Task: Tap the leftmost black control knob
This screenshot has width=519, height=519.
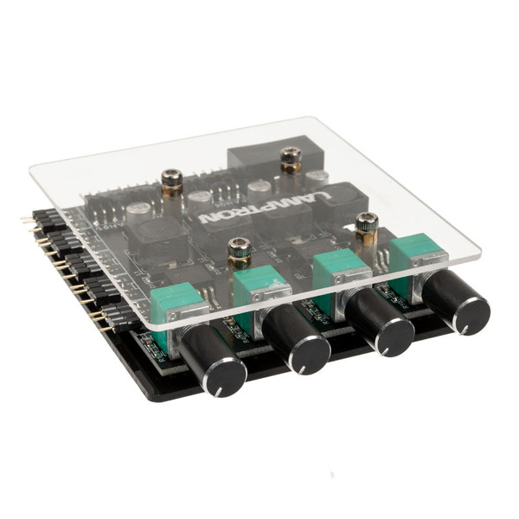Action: (x=213, y=362)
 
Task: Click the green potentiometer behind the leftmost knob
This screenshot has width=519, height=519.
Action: (x=176, y=304)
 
